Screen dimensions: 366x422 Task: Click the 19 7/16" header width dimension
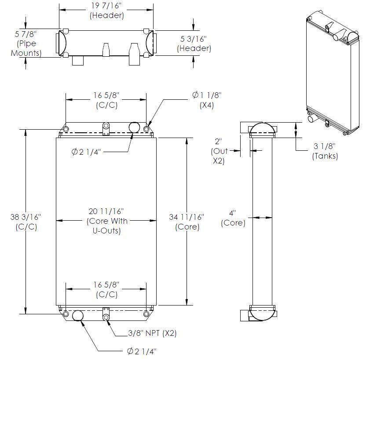106,10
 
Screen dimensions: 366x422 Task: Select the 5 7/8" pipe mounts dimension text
26,44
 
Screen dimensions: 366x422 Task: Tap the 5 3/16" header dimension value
194,44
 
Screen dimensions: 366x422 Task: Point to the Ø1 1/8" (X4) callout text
207,100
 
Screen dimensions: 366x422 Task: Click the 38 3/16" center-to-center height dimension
26,222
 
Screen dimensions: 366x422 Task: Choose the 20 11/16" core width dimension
106,221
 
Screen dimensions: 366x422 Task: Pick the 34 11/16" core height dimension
187,222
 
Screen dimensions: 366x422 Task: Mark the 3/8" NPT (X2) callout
152,333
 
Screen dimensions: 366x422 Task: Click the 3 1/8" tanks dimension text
325,151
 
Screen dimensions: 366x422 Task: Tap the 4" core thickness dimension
233,218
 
